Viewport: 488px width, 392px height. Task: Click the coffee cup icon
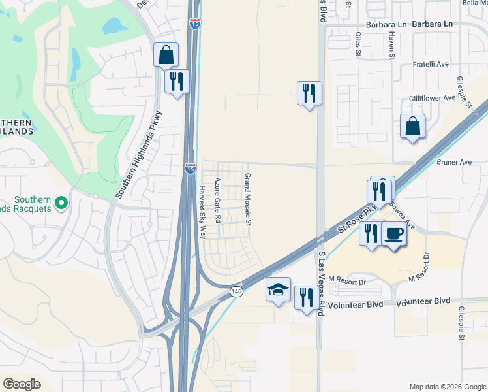pyautogui.click(x=394, y=235)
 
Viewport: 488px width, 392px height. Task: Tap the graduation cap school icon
pyautogui.click(x=279, y=289)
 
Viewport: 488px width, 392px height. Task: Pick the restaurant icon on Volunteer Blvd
pyautogui.click(x=306, y=299)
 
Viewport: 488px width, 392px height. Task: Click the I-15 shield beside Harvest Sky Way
pyautogui.click(x=190, y=169)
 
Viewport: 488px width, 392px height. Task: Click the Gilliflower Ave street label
pyautogui.click(x=432, y=97)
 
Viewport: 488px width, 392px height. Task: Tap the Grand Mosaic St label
pyautogui.click(x=248, y=199)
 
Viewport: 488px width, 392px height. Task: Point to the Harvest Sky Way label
pyautogui.click(x=202, y=212)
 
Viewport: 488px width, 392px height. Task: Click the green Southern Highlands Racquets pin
pyautogui.click(x=61, y=203)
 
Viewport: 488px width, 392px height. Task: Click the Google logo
pyautogui.click(x=22, y=384)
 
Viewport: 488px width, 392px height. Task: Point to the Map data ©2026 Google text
pyautogui.click(x=447, y=387)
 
